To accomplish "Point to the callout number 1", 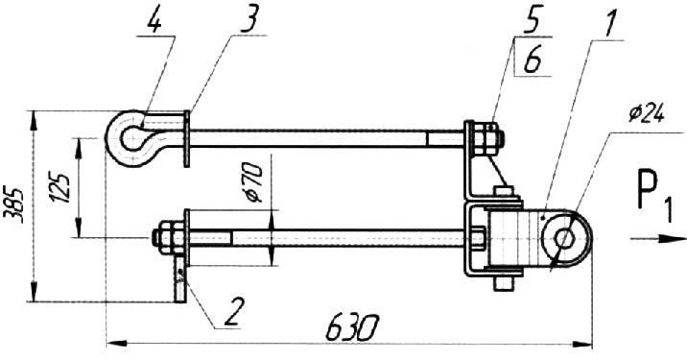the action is (609, 22).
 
